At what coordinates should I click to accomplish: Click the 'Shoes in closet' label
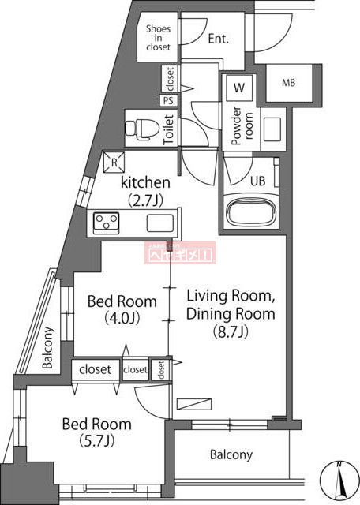point(158,38)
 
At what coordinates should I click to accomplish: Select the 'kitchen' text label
point(145,183)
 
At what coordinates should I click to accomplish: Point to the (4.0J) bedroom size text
point(122,319)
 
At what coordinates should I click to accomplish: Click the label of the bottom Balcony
point(231,454)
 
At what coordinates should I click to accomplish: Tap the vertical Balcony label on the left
point(48,349)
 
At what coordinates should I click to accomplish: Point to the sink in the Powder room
point(272,128)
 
